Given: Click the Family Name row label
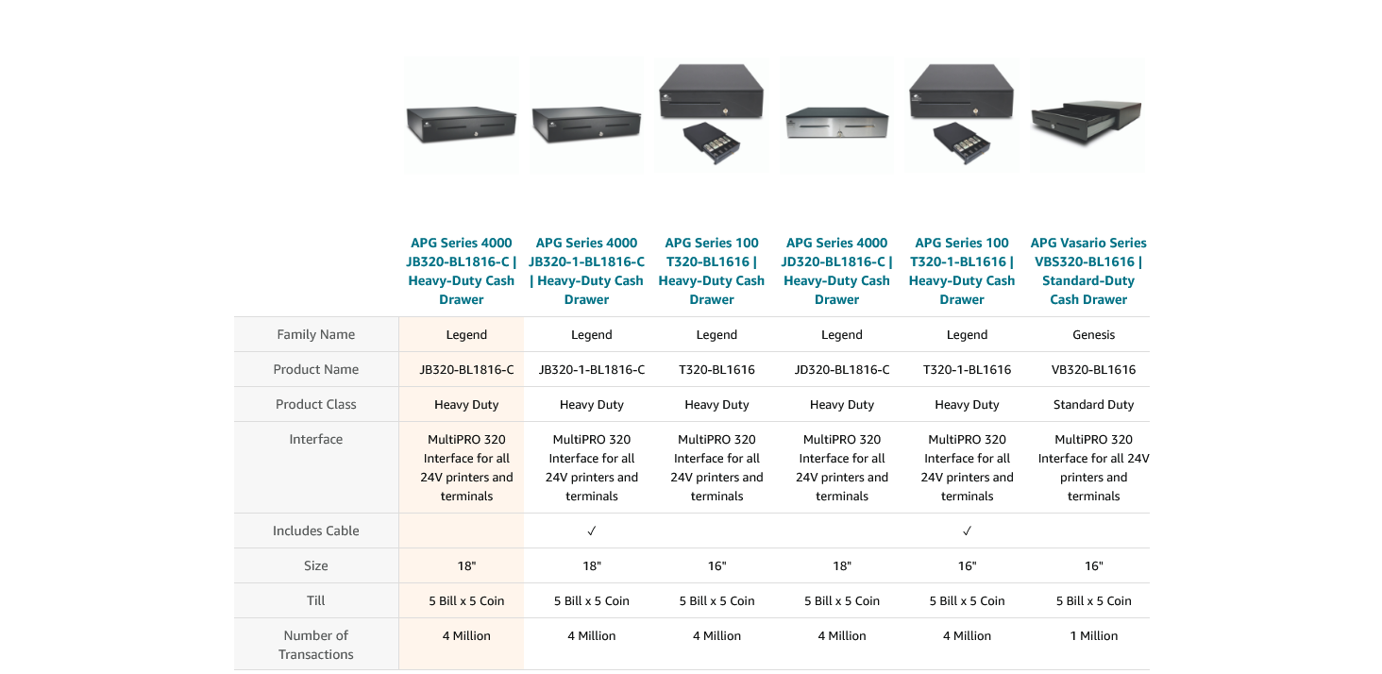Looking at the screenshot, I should (x=315, y=334).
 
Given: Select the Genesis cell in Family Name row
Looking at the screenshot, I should (x=1093, y=334).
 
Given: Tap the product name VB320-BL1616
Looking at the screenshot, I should (x=1093, y=369).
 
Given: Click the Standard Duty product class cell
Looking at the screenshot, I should (x=1093, y=404).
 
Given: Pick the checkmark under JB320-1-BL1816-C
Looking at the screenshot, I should (x=592, y=531).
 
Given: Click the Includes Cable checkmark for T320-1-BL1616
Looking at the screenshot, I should (x=967, y=531).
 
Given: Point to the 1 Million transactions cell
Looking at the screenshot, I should (x=1093, y=635).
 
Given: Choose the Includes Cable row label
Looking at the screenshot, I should (x=315, y=531).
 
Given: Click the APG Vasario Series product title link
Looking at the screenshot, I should (x=1088, y=271).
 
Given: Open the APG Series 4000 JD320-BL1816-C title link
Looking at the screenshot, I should (x=836, y=271).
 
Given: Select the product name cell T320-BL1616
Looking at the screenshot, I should (x=716, y=369).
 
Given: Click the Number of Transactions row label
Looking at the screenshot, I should (x=315, y=645).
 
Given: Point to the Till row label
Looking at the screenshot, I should (x=315, y=600).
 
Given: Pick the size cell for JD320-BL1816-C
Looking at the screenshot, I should (x=841, y=565).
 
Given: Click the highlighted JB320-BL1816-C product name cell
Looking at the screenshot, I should (x=466, y=369).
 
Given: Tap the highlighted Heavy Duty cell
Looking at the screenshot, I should (x=466, y=404).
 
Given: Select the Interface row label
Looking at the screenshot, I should (x=315, y=439).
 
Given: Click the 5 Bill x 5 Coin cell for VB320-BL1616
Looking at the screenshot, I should (x=1093, y=600).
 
